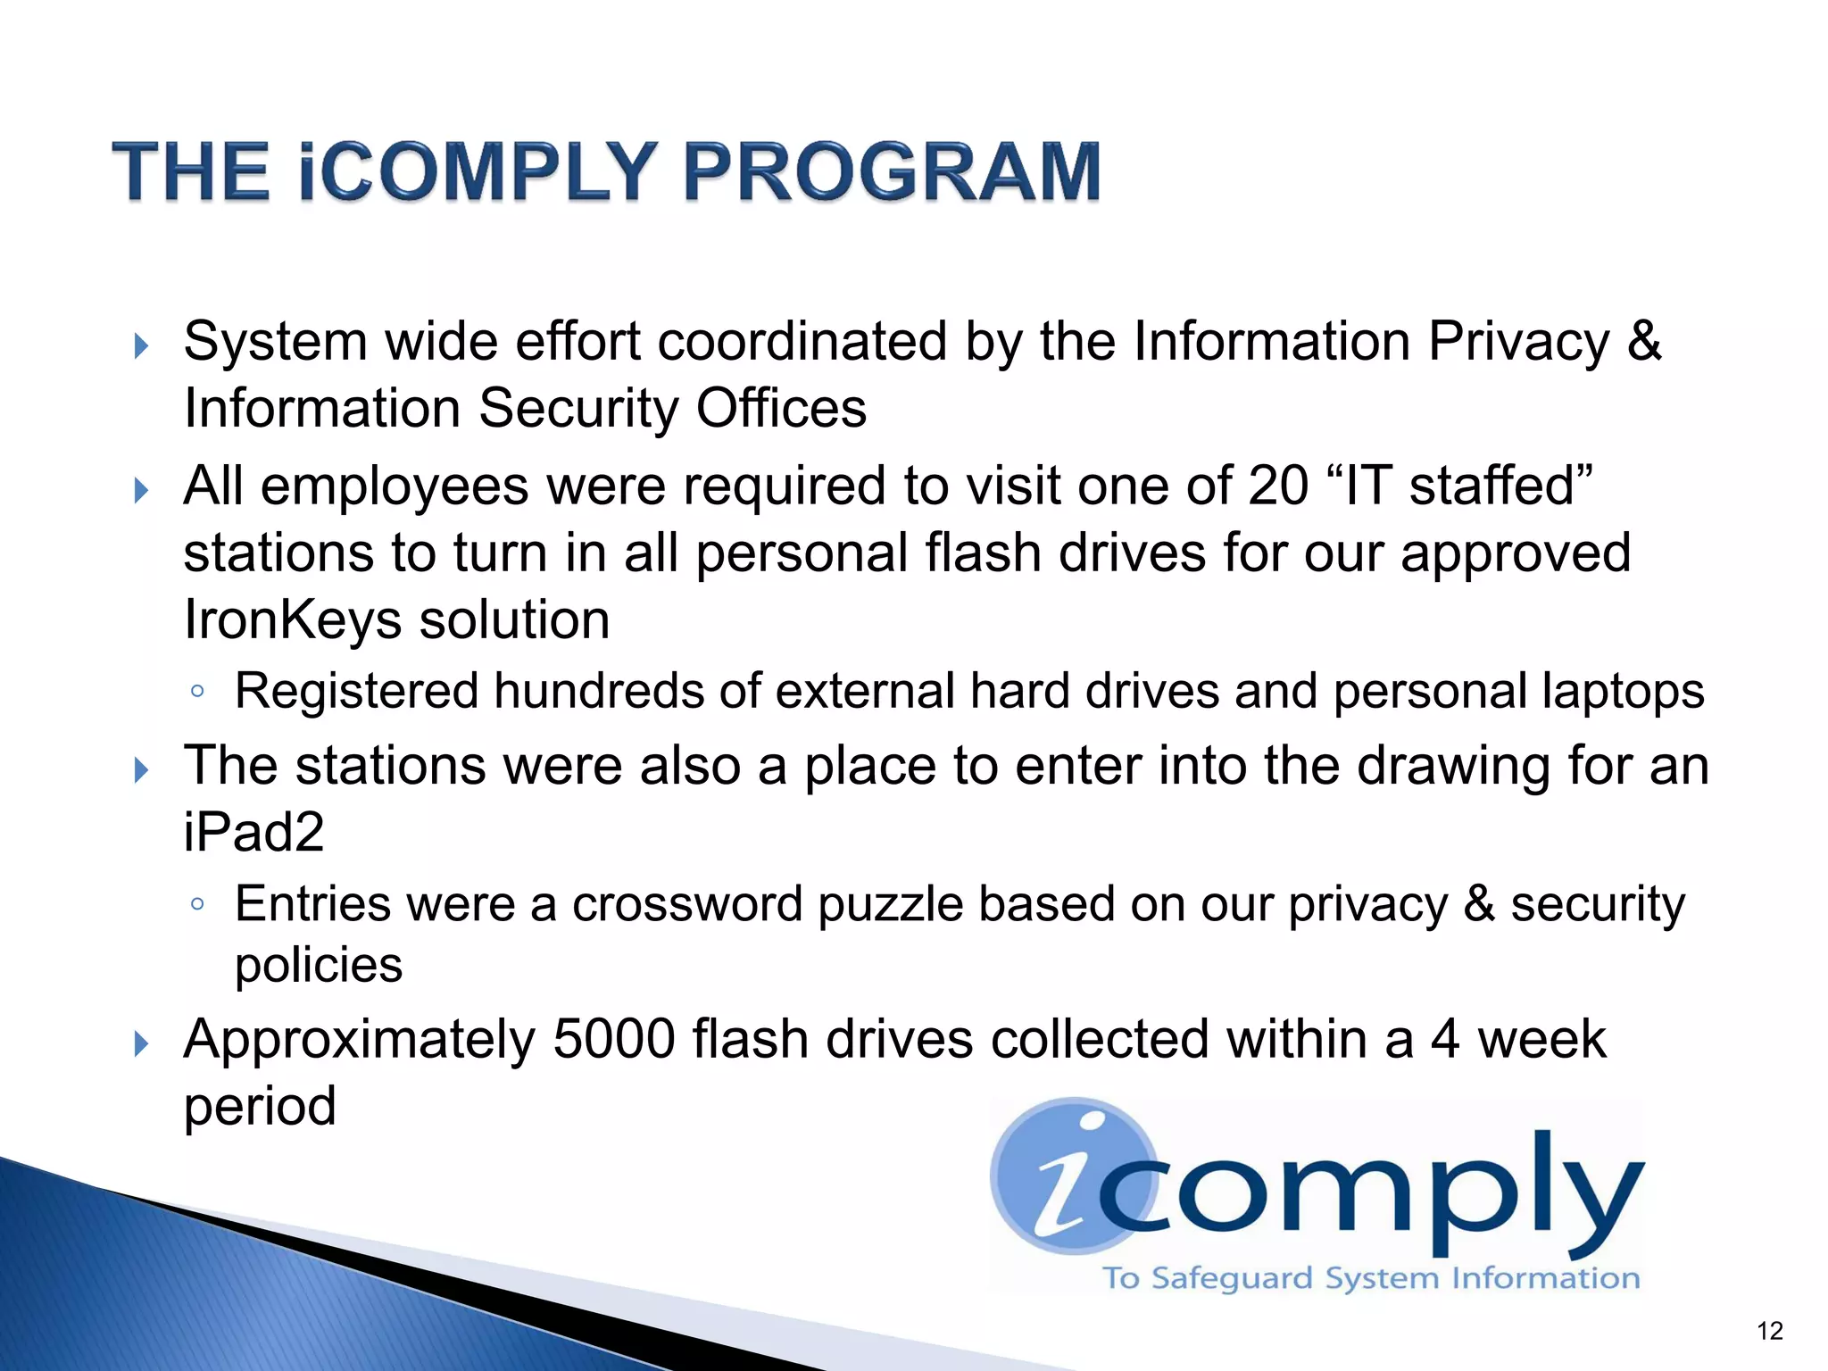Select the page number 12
coord(1769,1331)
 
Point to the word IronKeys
coord(292,619)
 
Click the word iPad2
coord(253,832)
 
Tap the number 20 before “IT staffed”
coord(1278,486)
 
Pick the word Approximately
coord(359,1039)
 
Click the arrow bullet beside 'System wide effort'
coord(141,345)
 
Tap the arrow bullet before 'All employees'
coord(141,490)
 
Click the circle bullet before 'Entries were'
coord(197,904)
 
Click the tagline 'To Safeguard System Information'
coord(1371,1277)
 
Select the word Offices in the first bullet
coord(781,409)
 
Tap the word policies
coord(319,965)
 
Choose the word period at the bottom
coord(260,1107)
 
